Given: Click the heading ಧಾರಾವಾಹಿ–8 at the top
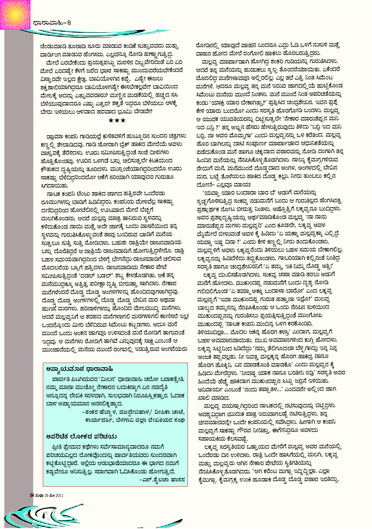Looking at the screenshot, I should tap(52, 23).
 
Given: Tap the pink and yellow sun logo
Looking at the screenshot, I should tap(15, 14).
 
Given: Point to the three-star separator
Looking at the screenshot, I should tap(117, 120).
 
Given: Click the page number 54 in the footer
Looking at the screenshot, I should tap(32, 495).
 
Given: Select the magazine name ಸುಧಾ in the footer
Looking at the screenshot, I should tap(39, 495).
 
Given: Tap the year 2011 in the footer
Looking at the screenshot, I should tap(59, 495).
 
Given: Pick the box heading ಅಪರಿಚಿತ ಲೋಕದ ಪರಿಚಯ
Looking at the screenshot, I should tap(81, 436).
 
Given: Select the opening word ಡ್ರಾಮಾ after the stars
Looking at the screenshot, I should tap(56, 136).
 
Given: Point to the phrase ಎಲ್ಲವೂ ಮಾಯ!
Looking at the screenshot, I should tap(236, 184).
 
